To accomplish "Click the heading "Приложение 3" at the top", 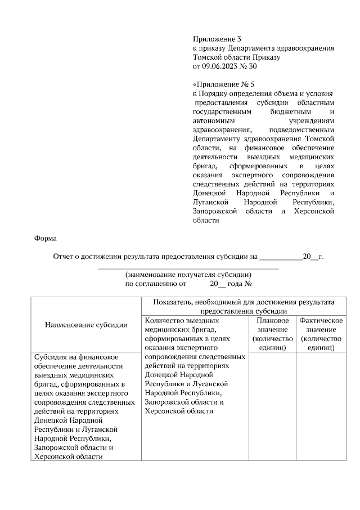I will pos(217,39).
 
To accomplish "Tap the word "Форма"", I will pos(46,238).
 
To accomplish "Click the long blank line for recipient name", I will pos(188,269).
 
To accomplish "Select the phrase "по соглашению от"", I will pos(155,284).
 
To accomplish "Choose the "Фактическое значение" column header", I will pos(321,333).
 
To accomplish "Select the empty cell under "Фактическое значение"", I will pos(321,405).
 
